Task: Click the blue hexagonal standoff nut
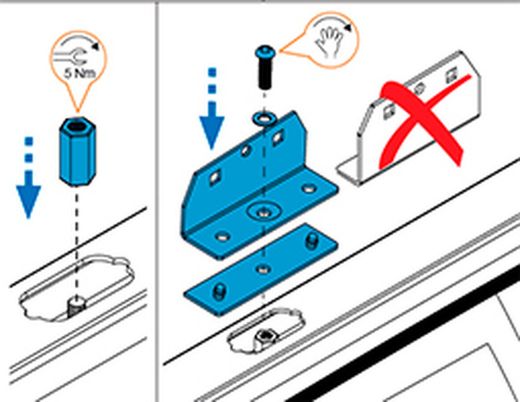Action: (x=78, y=151)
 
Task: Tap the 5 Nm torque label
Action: (x=80, y=73)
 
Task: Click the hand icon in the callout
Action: (x=329, y=42)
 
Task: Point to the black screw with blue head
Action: (x=265, y=67)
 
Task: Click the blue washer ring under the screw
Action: (x=264, y=119)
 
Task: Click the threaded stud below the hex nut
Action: (x=77, y=307)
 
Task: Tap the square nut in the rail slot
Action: (x=267, y=338)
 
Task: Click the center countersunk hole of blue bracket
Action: (x=264, y=212)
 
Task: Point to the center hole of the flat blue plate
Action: (x=263, y=269)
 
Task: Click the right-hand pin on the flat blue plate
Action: (x=311, y=241)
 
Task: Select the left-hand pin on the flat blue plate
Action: (x=219, y=292)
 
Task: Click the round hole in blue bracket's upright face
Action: (x=246, y=151)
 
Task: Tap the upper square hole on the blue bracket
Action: (x=278, y=137)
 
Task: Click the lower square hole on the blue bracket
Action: (x=214, y=177)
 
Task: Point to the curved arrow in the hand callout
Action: (x=333, y=23)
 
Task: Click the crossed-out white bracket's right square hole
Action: (x=451, y=76)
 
